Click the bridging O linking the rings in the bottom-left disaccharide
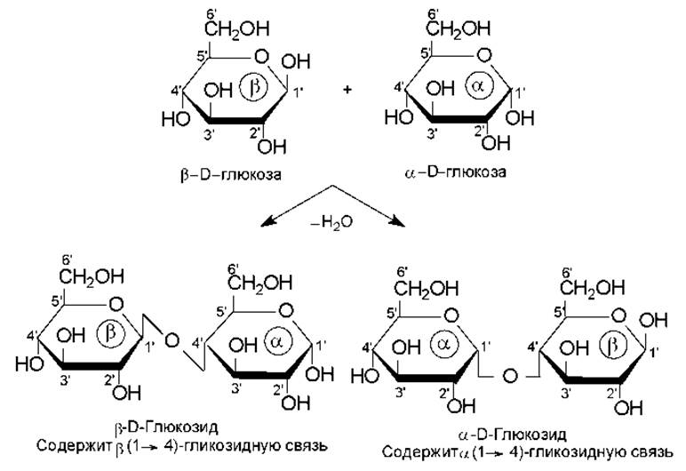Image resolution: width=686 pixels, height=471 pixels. pyautogui.click(x=171, y=339)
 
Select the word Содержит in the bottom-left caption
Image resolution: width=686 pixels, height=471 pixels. pyautogui.click(x=71, y=443)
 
